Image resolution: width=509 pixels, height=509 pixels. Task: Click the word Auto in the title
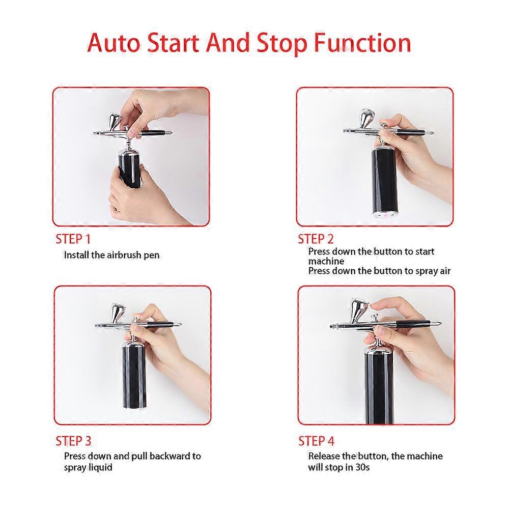coord(114,43)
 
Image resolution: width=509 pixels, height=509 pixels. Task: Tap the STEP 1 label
coord(73,239)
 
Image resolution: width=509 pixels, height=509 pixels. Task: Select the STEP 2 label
coord(316,239)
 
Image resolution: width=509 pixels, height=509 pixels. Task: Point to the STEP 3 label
coord(73,441)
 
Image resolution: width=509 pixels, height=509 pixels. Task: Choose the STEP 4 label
coord(316,441)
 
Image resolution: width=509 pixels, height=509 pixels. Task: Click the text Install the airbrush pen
coord(111,255)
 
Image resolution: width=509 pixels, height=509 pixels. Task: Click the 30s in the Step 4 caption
coord(361,467)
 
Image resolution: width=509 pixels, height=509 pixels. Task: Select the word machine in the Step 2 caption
coord(326,261)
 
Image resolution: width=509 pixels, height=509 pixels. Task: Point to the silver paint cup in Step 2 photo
coord(366,119)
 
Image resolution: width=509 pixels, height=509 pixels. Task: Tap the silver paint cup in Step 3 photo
coord(118,313)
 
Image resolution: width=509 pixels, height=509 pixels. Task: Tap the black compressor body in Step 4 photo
coord(378,387)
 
